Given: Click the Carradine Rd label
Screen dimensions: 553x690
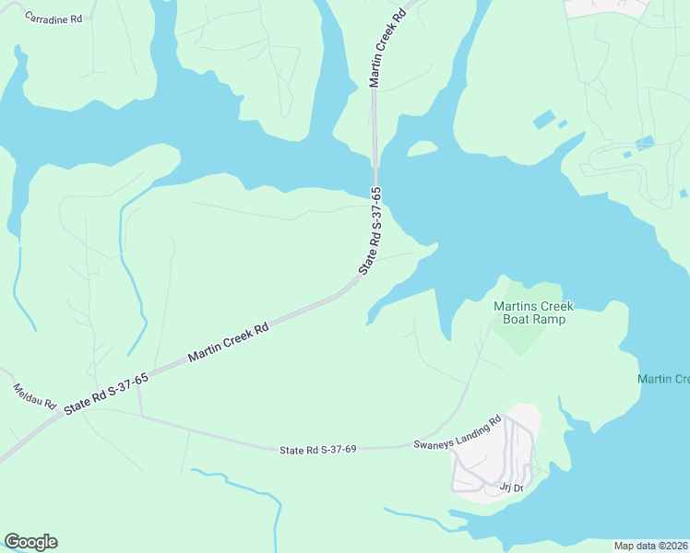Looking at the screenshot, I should pos(54,18).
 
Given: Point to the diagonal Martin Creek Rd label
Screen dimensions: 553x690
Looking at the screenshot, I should pos(229,341).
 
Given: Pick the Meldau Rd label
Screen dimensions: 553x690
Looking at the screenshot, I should pos(35,397).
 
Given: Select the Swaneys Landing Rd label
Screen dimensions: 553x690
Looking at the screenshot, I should pos(457,431).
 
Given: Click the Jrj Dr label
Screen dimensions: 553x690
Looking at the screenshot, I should pos(511,488).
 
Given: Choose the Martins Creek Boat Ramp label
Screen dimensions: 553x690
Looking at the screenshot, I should pos(533,312).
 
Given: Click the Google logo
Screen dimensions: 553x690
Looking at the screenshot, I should pos(30,542).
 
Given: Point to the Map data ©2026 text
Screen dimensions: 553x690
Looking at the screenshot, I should pos(650,546).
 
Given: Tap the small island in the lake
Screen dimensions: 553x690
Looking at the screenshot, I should pos(422,148).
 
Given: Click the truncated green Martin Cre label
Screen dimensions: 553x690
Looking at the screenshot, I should pos(663,380).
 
